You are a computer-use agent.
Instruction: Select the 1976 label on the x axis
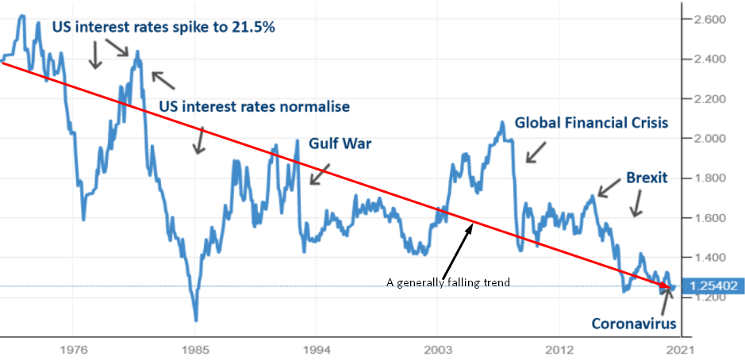tap(73, 348)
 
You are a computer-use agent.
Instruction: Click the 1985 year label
tap(194, 348)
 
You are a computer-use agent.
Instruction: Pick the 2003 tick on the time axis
tap(437, 348)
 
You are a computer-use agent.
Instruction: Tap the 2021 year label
tap(680, 348)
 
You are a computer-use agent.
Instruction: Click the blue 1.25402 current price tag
tap(712, 285)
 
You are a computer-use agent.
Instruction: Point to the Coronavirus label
tap(634, 324)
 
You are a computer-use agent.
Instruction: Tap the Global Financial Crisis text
tap(591, 123)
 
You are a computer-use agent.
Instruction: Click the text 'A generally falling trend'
tap(447, 281)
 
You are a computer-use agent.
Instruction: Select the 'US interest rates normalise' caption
tap(254, 106)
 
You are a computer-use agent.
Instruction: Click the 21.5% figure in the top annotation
tap(252, 26)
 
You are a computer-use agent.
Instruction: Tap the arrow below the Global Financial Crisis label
tap(536, 152)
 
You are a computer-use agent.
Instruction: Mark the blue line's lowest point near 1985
tap(196, 320)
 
